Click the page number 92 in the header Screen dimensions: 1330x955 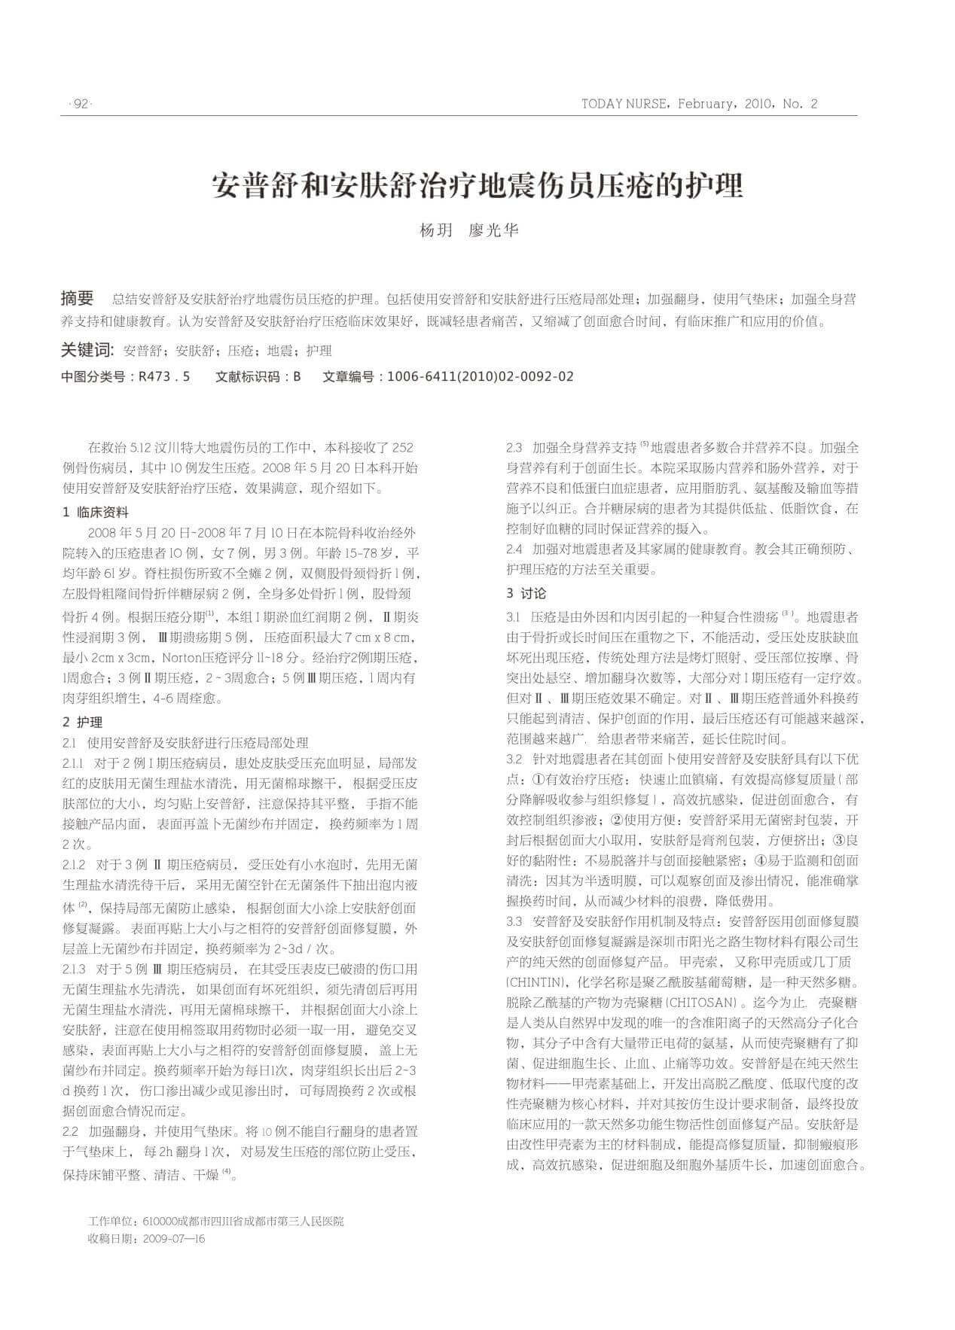tap(79, 104)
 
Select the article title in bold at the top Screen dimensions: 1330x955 tap(477, 185)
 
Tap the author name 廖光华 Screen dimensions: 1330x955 tap(493, 230)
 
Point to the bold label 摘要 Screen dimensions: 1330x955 tap(78, 299)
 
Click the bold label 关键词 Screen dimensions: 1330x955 tap(87, 351)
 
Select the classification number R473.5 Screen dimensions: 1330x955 tap(164, 376)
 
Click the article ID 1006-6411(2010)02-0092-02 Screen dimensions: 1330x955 tap(479, 376)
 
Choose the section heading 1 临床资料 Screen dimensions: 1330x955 tap(96, 512)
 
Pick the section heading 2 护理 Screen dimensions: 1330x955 tap(83, 722)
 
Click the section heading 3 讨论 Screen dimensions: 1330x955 tap(526, 593)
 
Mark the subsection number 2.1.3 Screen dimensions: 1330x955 tap(75, 968)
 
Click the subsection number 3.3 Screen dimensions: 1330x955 tap(515, 921)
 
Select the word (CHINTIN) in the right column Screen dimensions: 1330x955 tap(535, 982)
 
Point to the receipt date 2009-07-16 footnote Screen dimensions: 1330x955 tap(173, 1238)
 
